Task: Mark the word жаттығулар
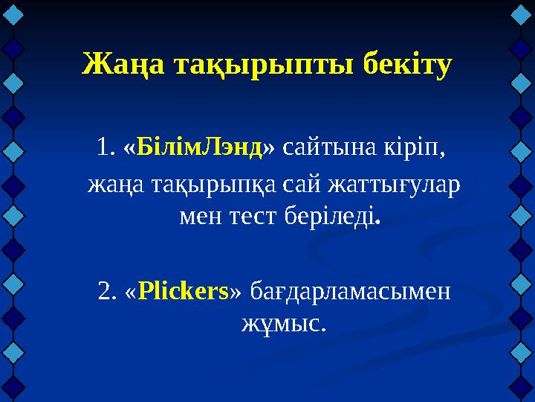392,183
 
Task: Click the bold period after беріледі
380,222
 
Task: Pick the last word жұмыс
282,323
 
